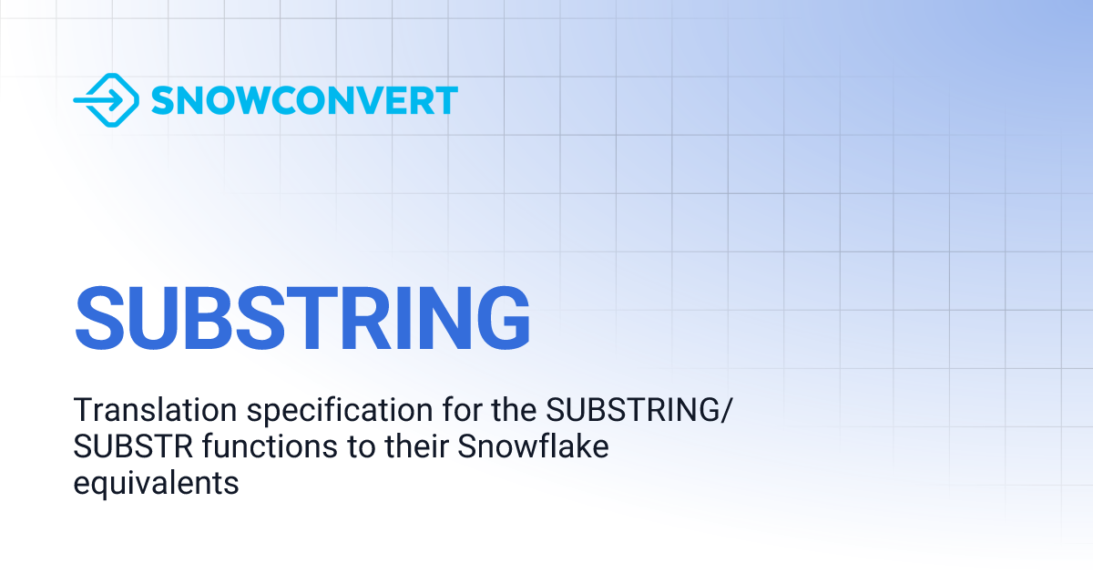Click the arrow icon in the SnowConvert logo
tap(106, 100)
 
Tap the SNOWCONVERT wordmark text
tap(304, 100)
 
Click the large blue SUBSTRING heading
tap(302, 317)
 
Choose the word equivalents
tap(156, 483)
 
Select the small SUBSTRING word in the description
tap(631, 412)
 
